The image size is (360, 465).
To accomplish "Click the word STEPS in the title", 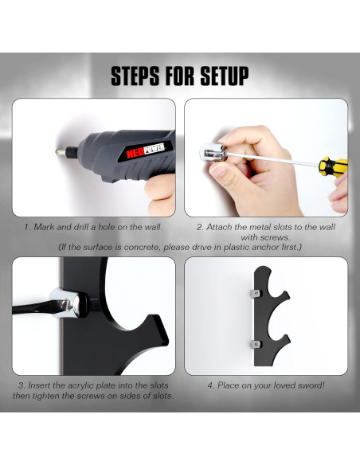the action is (x=135, y=76).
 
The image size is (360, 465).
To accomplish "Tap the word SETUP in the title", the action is (x=225, y=76).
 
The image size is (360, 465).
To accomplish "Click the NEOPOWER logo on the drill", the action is (x=146, y=150).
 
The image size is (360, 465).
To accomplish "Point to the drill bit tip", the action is (x=57, y=152).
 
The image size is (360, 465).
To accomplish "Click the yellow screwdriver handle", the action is (x=333, y=167).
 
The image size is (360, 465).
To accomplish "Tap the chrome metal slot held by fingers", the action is (x=212, y=153).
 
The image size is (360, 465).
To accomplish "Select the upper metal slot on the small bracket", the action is (x=256, y=294).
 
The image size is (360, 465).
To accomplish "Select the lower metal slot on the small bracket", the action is (x=256, y=344).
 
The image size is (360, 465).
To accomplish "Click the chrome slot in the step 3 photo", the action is (x=68, y=303).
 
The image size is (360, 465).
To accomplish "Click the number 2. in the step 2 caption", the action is (x=200, y=227).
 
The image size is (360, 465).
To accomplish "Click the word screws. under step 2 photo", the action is (x=265, y=237).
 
